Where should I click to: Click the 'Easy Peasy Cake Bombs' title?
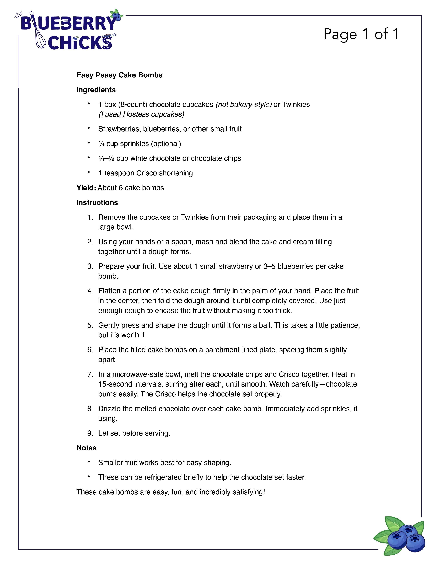point(119,75)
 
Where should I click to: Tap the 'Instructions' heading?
point(97,203)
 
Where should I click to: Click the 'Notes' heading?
point(86,448)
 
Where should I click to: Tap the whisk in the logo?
point(39,36)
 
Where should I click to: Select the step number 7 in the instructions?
point(90,374)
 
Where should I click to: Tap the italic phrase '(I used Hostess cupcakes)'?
point(141,114)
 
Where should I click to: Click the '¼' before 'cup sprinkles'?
point(101,144)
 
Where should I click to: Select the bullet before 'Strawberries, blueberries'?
point(89,128)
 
